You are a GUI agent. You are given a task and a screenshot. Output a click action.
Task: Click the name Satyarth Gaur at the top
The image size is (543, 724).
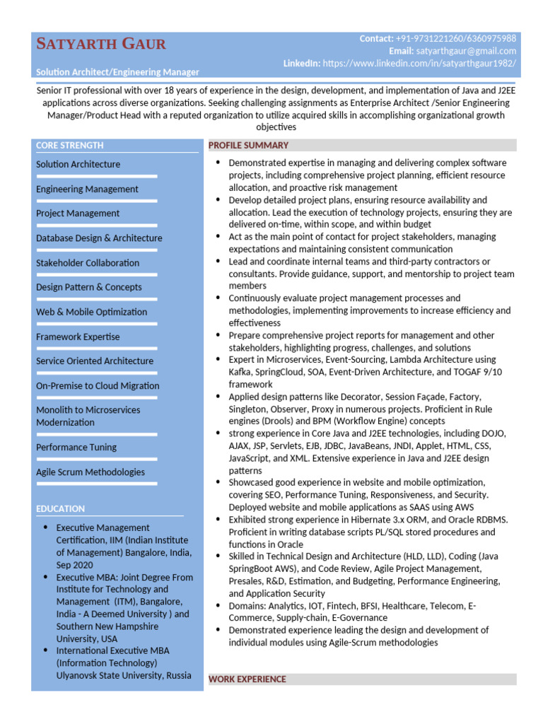tap(101, 45)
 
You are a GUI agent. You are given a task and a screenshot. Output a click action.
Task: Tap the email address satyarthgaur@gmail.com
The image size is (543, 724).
tap(466, 51)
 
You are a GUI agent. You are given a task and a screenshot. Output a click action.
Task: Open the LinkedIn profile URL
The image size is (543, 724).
tap(419, 63)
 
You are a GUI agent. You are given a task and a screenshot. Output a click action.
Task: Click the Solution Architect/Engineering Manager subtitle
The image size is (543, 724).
tap(117, 72)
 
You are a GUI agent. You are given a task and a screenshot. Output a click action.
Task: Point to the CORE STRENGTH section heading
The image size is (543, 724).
tap(70, 146)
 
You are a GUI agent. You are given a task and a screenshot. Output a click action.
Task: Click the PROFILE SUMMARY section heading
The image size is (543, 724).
tap(248, 146)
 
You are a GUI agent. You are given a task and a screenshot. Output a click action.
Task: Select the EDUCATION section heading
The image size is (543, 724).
tap(60, 508)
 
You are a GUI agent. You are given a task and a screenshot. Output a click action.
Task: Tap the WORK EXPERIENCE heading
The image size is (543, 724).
tap(247, 679)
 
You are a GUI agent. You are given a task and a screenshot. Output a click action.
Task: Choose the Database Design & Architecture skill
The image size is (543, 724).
tap(99, 238)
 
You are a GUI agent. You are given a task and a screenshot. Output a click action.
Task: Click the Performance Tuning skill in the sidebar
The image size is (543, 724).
tap(76, 447)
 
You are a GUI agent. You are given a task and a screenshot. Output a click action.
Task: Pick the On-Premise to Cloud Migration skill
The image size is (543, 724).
tap(98, 386)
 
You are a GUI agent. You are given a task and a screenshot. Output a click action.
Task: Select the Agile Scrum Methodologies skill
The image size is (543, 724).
tap(90, 472)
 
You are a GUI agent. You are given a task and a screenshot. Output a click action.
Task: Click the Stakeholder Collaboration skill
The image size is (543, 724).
tap(88, 262)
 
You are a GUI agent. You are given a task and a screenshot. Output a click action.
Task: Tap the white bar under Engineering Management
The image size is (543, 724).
tap(96, 202)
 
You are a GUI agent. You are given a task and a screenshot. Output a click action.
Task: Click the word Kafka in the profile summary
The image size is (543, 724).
tap(240, 372)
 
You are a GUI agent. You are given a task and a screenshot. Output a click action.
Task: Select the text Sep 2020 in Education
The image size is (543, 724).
tap(74, 565)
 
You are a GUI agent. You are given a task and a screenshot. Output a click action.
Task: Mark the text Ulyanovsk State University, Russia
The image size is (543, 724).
tap(124, 675)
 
